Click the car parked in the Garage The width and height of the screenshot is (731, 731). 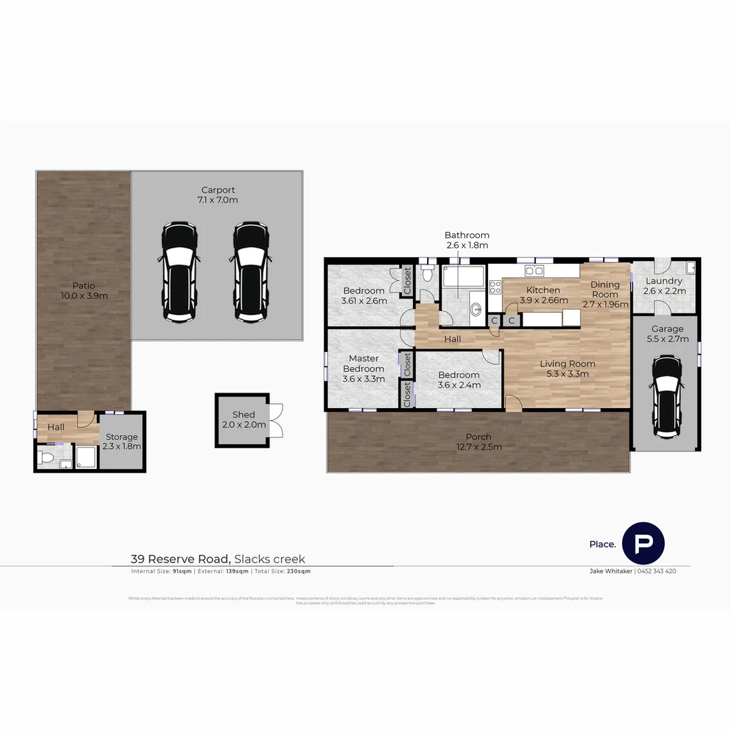[x=665, y=396]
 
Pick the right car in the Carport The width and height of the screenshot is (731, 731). [x=251, y=271]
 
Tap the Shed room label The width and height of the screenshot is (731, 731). [x=244, y=420]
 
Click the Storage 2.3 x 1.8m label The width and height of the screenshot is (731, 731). [x=122, y=441]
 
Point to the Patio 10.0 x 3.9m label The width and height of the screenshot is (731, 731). [x=84, y=290]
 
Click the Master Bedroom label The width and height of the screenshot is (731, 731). [x=363, y=368]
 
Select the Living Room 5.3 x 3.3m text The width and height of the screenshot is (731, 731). [x=567, y=368]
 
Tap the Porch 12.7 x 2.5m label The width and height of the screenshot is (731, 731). [x=479, y=441]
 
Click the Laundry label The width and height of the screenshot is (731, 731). [x=664, y=286]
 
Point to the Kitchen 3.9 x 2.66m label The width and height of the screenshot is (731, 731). [x=543, y=295]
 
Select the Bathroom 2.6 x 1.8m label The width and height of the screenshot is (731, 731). [x=466, y=240]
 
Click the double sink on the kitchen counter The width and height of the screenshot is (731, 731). [x=534, y=271]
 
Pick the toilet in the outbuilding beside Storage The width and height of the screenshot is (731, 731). [x=45, y=459]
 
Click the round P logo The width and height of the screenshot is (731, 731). [x=643, y=543]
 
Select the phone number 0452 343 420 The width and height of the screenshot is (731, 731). [x=657, y=571]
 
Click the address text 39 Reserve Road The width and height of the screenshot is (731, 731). [x=181, y=559]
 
